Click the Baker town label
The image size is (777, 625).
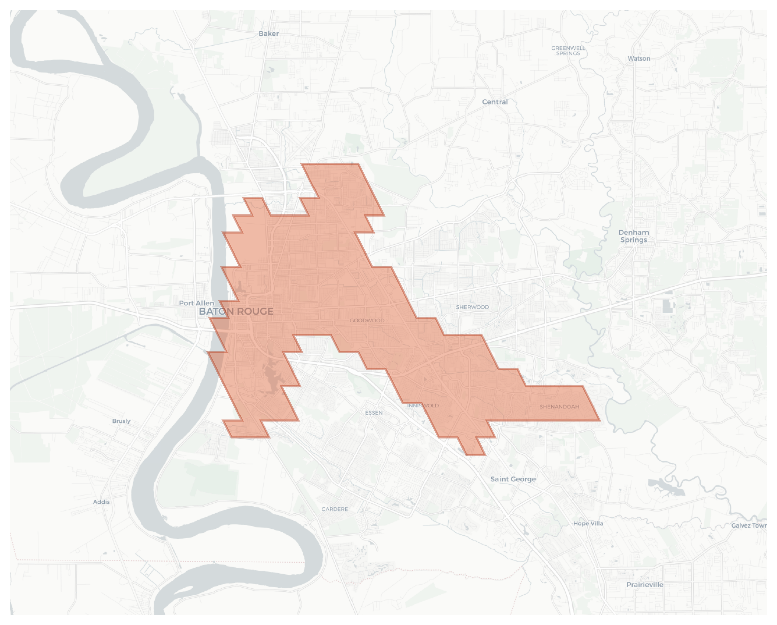tap(268, 34)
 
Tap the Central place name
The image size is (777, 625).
tap(494, 102)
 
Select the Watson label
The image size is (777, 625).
tap(639, 58)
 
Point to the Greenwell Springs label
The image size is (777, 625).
tap(568, 51)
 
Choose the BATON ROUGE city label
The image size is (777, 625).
tap(236, 311)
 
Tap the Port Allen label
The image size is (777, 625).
tap(196, 303)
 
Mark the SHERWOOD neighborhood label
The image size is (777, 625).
tap(473, 307)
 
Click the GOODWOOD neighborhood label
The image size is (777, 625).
tap(367, 321)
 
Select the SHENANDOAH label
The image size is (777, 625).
tap(559, 407)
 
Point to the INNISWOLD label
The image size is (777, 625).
tap(423, 405)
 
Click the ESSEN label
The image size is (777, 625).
tap(374, 413)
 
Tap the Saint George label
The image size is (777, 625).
tap(513, 479)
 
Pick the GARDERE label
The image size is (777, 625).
tap(334, 509)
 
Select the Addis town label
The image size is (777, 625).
tap(101, 502)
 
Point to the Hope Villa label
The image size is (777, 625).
tap(588, 523)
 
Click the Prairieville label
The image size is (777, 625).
tap(644, 585)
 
